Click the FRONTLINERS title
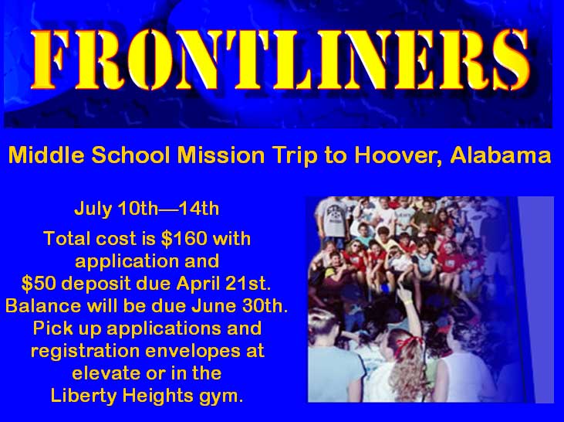pos(282,60)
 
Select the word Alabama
pos(501,155)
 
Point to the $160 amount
pos(184,239)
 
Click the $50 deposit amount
pos(39,284)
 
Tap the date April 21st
pos(224,284)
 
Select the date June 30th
pos(239,306)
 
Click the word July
pos(93,209)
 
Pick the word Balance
pos(43,306)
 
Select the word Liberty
pos(83,396)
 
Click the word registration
pos(85,352)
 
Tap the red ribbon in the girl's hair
pos(410,343)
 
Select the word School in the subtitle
pos(130,155)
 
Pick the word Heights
pos(157,396)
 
